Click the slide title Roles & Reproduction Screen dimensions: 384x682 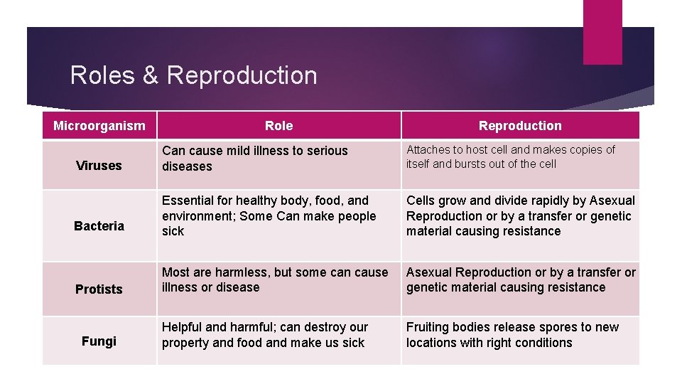click(x=193, y=75)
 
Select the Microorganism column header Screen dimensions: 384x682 click(x=99, y=126)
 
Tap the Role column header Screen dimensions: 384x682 click(x=278, y=126)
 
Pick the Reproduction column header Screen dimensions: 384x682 click(x=520, y=126)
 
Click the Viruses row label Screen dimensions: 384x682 click(x=99, y=166)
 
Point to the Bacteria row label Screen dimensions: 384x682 click(x=99, y=226)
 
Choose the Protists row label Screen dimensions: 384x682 click(x=99, y=289)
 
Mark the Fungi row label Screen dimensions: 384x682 click(x=99, y=341)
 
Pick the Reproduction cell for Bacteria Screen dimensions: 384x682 click(x=520, y=215)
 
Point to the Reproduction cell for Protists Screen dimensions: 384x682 click(x=520, y=279)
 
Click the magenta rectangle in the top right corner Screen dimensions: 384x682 click(x=602, y=31)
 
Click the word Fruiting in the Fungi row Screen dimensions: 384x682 click(x=428, y=327)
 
